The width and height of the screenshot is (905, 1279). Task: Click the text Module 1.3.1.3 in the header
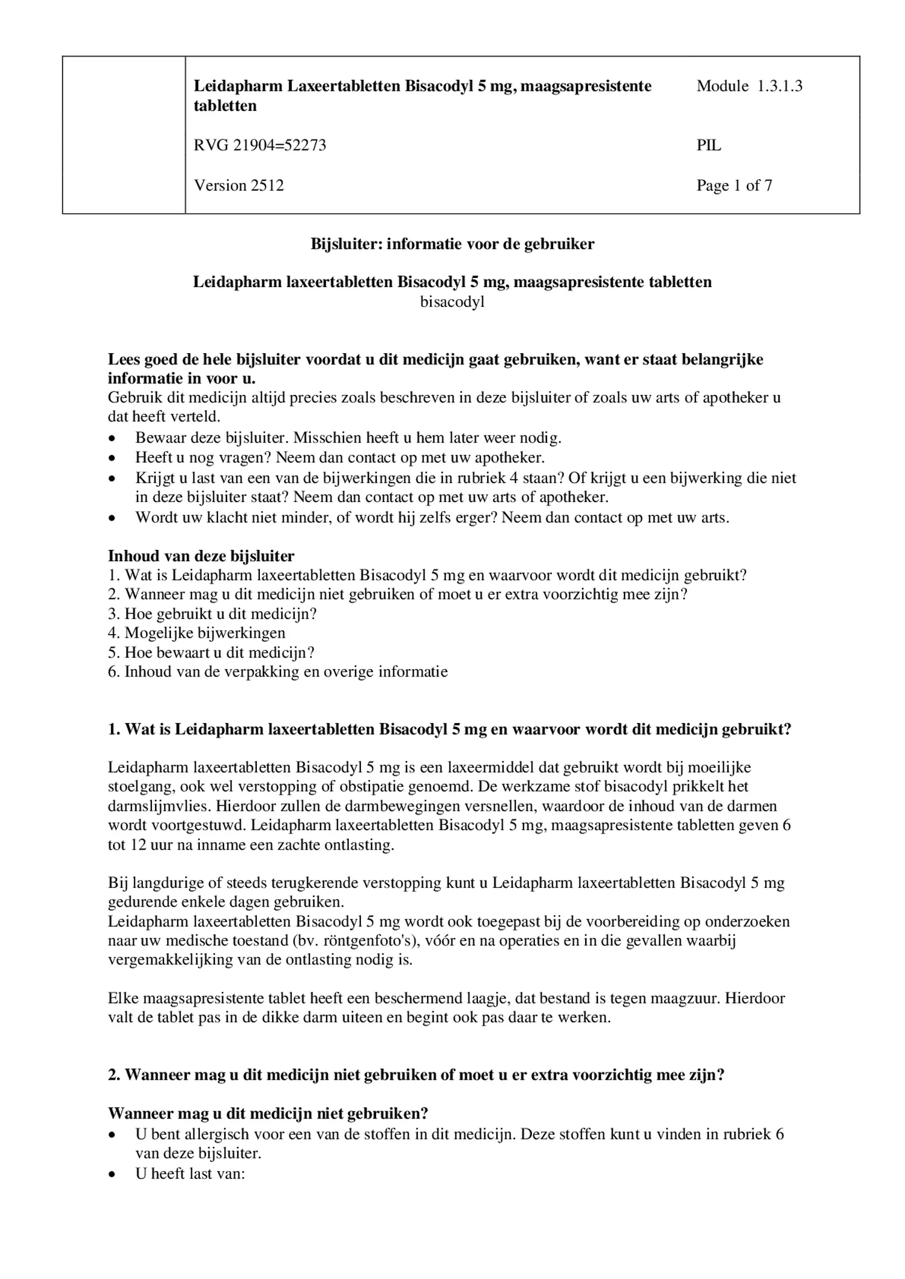click(749, 86)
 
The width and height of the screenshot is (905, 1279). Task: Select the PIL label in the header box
click(709, 145)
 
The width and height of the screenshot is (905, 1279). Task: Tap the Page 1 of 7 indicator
click(734, 185)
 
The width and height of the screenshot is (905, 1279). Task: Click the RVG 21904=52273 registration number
click(260, 145)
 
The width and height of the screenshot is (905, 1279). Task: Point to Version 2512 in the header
click(239, 185)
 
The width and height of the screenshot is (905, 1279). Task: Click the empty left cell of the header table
click(124, 134)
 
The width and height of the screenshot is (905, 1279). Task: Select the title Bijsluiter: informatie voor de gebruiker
click(452, 244)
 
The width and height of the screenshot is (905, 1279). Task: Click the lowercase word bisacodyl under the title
click(452, 302)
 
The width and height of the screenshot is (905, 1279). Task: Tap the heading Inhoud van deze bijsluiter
click(201, 555)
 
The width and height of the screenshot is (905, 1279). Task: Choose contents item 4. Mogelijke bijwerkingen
click(197, 633)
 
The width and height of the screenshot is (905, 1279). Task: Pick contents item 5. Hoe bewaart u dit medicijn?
click(211, 652)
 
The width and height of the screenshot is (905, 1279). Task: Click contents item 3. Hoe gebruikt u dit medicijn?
click(213, 613)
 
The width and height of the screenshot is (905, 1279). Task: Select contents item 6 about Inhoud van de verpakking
click(278, 672)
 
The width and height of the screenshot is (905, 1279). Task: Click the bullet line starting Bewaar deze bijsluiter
click(348, 437)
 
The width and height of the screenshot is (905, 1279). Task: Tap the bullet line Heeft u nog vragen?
click(340, 457)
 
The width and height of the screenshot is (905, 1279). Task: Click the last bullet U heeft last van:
click(190, 1174)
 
